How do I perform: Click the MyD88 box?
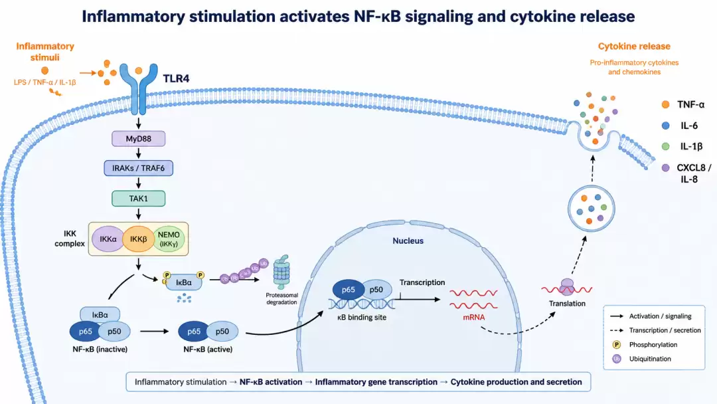139,139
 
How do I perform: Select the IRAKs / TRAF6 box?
139,168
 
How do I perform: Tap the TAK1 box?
139,199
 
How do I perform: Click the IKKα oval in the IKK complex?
108,239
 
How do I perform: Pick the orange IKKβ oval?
138,239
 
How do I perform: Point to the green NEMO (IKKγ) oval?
169,239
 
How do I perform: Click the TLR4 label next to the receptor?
176,78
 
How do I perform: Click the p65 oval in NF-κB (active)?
194,332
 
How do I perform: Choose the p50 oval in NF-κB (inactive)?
114,332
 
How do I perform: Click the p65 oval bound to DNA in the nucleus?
348,290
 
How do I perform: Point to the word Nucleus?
408,241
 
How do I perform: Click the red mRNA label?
474,317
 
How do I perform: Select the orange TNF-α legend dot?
665,105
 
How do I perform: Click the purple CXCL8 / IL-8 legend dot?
665,168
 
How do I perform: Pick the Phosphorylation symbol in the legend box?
616,344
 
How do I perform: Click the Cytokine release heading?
634,47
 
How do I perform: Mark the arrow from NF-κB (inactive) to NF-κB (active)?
155,332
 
